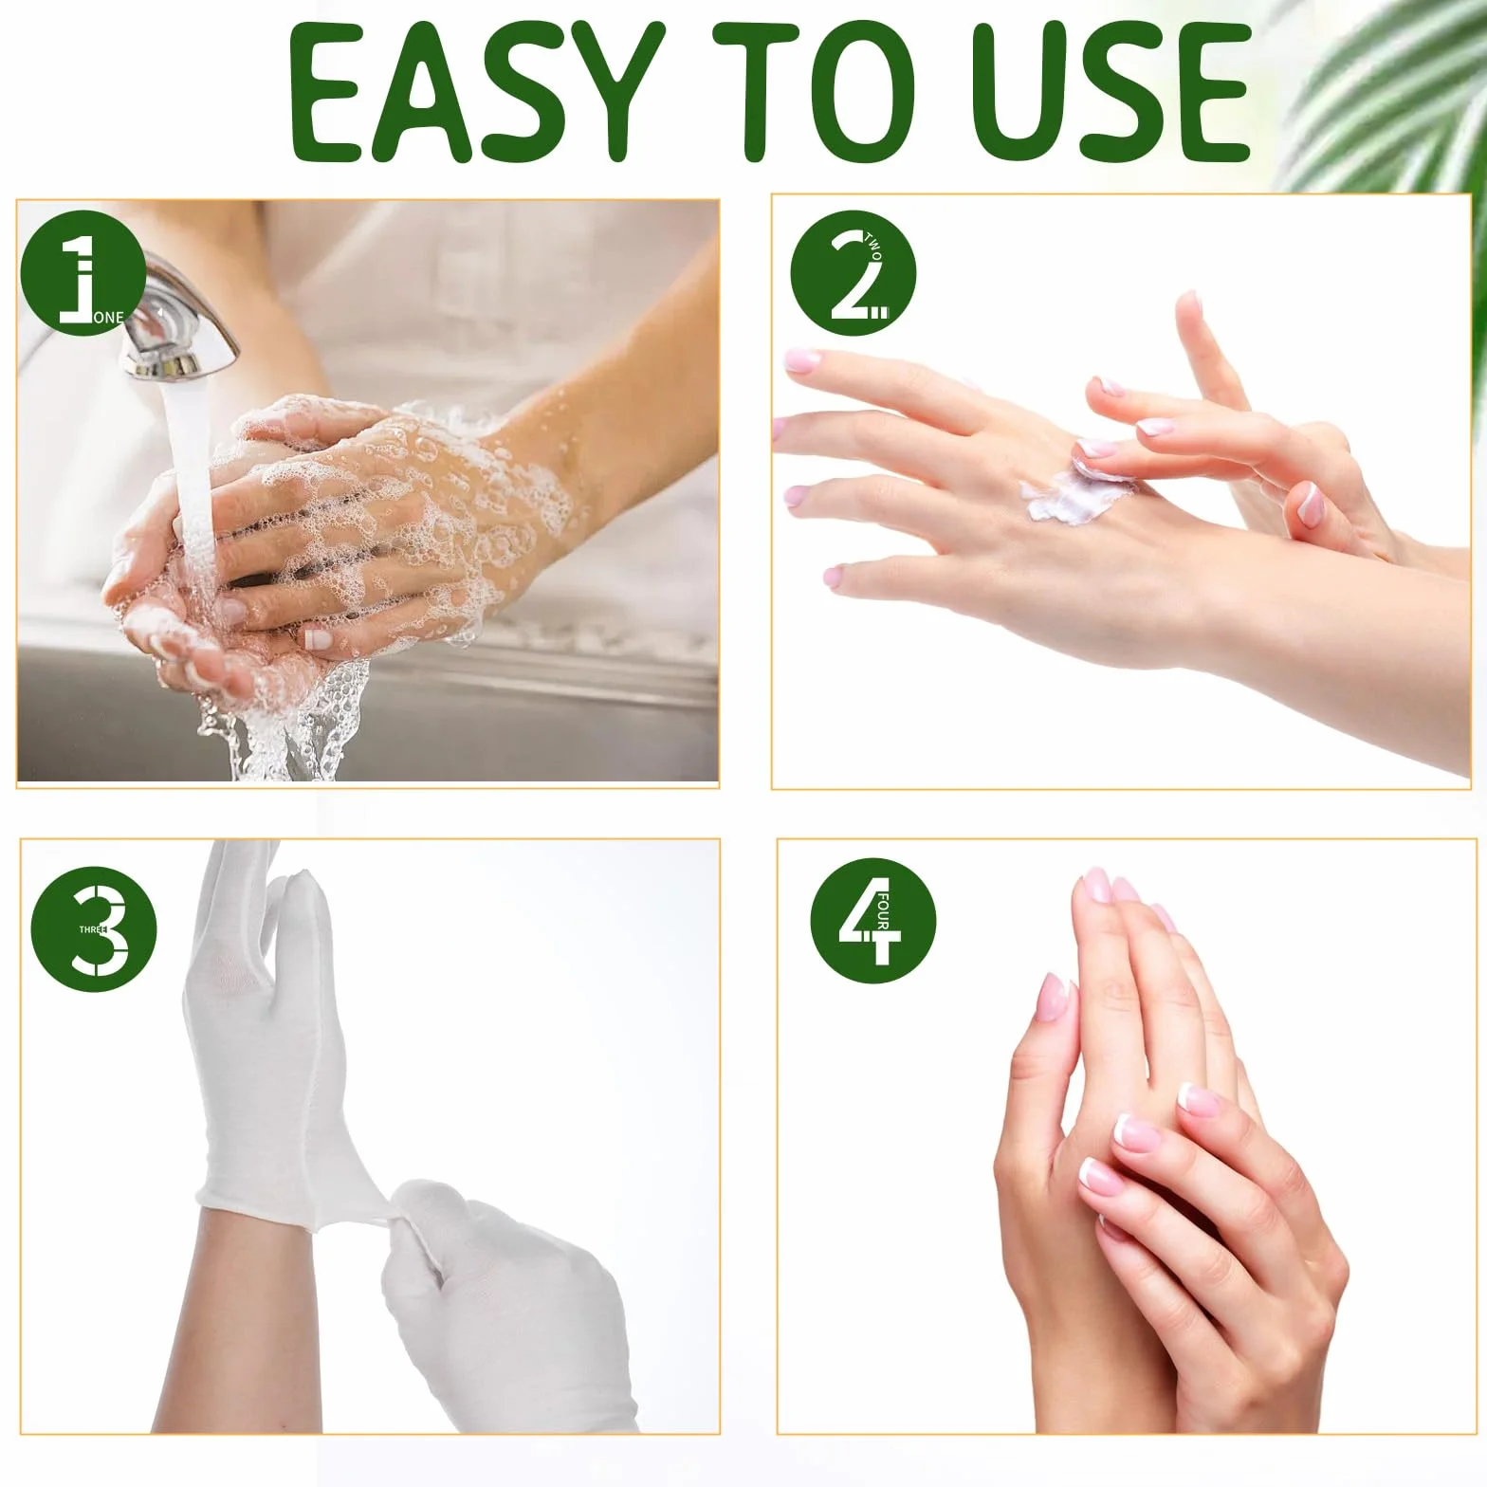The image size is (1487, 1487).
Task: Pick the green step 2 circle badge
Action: point(853,274)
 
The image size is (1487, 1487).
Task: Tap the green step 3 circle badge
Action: point(94,930)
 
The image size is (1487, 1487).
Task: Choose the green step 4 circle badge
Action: point(872,920)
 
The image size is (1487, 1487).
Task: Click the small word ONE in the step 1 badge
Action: point(108,318)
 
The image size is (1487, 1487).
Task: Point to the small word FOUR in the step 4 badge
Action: point(882,911)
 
